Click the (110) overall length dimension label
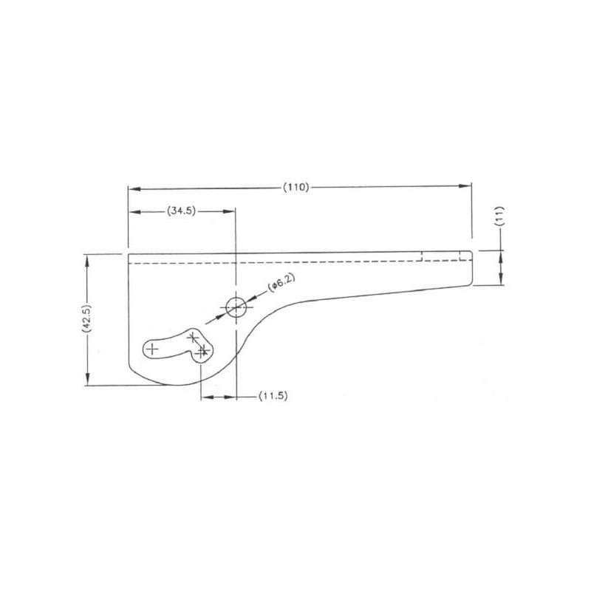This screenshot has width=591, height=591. pyautogui.click(x=296, y=188)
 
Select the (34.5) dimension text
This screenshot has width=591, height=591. pyautogui.click(x=181, y=211)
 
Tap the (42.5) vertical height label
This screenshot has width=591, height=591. pyautogui.click(x=86, y=318)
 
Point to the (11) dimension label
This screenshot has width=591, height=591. pyautogui.click(x=499, y=216)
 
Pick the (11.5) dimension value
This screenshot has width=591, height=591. pyautogui.click(x=273, y=396)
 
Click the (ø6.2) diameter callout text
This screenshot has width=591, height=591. pyautogui.click(x=281, y=283)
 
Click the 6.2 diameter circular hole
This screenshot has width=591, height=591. pyautogui.click(x=236, y=307)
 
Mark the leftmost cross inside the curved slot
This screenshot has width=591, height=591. pyautogui.click(x=152, y=349)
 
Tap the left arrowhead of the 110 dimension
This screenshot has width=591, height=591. pyautogui.click(x=134, y=188)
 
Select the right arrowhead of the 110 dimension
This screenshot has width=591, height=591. pyautogui.click(x=465, y=186)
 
